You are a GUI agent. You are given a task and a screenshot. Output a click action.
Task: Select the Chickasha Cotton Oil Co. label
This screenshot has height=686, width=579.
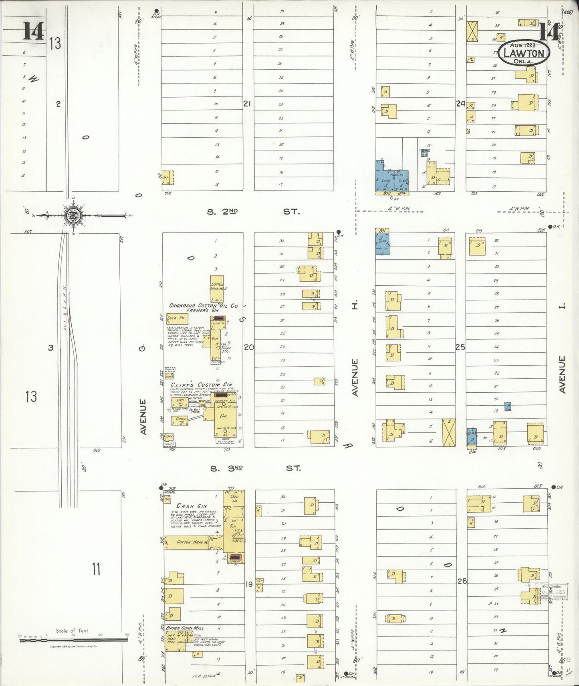203,306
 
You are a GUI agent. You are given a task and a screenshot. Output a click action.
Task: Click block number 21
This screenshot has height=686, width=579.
247,104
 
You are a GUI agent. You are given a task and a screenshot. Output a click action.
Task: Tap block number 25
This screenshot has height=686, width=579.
460,347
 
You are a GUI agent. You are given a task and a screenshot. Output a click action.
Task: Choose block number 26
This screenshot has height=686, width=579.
462,581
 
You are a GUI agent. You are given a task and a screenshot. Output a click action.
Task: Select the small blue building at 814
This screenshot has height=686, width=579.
472,437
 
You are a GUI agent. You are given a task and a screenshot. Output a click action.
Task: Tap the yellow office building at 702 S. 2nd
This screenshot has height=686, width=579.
167,178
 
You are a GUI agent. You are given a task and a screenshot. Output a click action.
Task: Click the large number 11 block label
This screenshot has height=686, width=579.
96,569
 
